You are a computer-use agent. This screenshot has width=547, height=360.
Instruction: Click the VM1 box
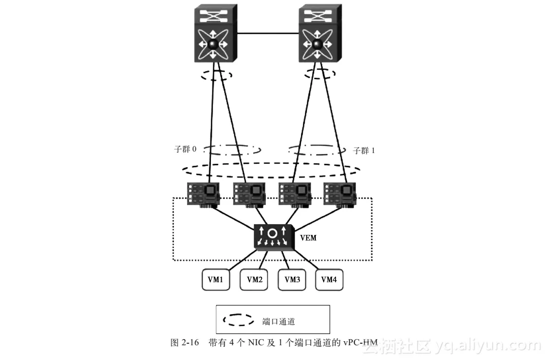click(216, 279)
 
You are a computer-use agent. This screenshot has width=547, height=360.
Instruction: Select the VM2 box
click(254, 279)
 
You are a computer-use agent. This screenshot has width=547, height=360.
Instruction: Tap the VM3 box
click(292, 279)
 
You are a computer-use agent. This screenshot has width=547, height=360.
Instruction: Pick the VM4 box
click(329, 279)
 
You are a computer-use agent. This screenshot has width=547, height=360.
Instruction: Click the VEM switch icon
click(273, 237)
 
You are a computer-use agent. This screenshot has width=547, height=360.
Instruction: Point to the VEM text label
click(309, 237)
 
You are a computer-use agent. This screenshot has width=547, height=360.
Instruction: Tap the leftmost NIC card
click(203, 194)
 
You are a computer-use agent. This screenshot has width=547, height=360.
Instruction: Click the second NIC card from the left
click(249, 194)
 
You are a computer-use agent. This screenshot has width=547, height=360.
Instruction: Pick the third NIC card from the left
click(294, 194)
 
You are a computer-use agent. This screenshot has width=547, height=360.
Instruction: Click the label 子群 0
click(185, 149)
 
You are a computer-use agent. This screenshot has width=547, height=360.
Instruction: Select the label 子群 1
click(364, 151)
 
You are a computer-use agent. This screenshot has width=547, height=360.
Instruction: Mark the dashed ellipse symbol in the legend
click(238, 320)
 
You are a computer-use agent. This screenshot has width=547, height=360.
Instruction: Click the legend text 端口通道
click(279, 321)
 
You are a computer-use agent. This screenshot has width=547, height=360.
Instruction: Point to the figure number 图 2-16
click(184, 343)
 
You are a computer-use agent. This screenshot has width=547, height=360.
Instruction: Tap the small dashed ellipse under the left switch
click(216, 75)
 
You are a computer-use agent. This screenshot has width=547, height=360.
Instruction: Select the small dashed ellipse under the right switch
click(320, 74)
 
